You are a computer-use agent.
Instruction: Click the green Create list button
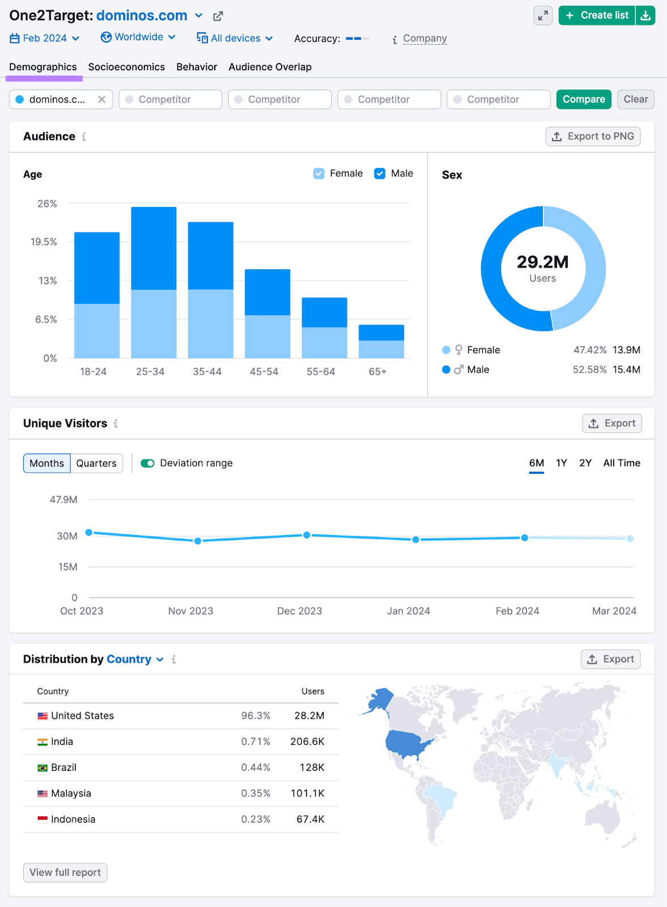click(x=597, y=15)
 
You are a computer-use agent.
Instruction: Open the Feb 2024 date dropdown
click(x=45, y=38)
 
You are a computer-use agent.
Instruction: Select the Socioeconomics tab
click(x=126, y=67)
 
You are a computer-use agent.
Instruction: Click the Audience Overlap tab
click(x=270, y=67)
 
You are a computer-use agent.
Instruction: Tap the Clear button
click(x=635, y=99)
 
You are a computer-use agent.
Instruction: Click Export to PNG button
click(x=593, y=136)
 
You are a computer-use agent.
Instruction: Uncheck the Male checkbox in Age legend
click(x=380, y=173)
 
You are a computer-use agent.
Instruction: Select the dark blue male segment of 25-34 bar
click(x=154, y=248)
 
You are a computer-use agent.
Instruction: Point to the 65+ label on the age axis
click(x=377, y=372)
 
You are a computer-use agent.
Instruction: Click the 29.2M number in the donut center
click(x=542, y=262)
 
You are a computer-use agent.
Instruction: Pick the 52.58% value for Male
click(x=589, y=370)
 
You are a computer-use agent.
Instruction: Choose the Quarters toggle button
click(x=96, y=463)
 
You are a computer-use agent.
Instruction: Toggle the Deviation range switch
click(x=148, y=463)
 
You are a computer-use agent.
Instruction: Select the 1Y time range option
click(x=561, y=463)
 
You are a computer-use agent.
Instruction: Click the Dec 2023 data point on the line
click(x=307, y=535)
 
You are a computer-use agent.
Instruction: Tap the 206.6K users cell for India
click(x=307, y=741)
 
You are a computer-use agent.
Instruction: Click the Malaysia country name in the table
click(x=71, y=793)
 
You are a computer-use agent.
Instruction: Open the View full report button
click(x=65, y=872)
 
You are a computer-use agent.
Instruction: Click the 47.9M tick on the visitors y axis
click(x=63, y=499)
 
